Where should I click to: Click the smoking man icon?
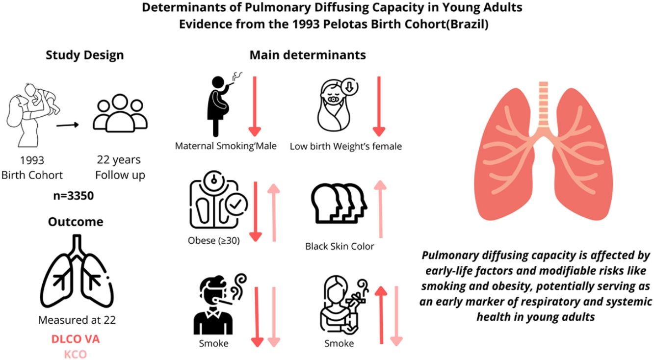pos(215,306)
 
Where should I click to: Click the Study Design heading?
pos(84,55)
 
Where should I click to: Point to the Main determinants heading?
pos(308,55)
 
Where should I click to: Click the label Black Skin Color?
pos(340,246)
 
